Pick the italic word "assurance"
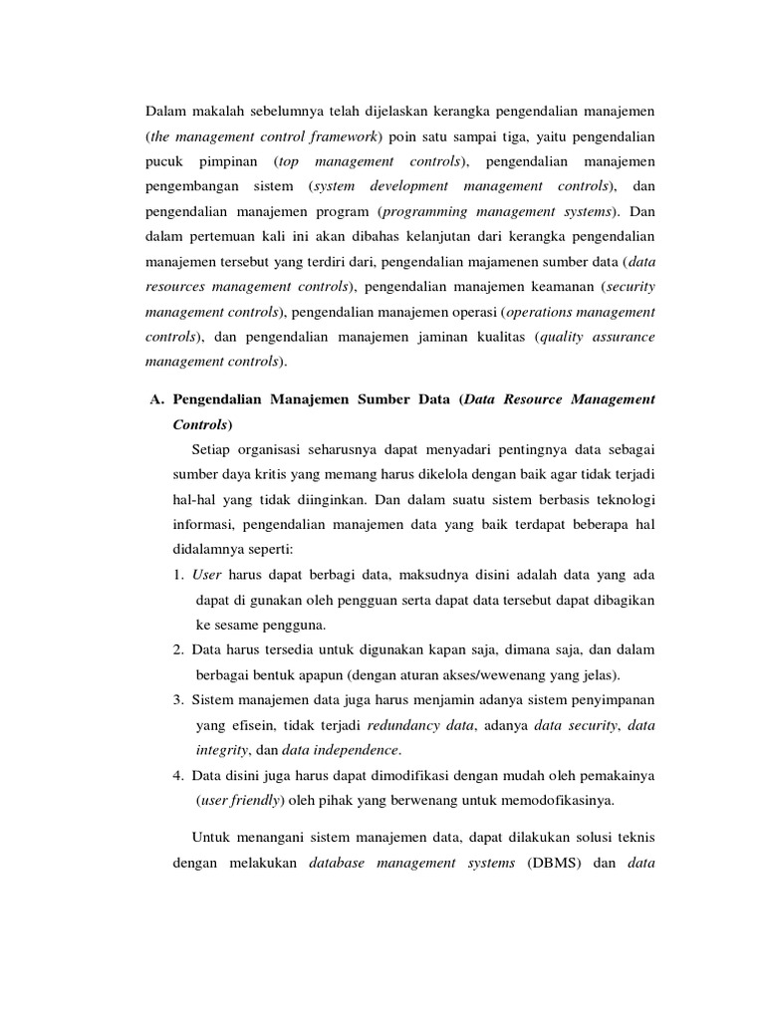(621, 337)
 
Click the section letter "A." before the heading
(155, 399)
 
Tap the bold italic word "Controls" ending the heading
(200, 423)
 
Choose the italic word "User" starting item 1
(206, 576)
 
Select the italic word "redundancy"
(403, 726)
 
